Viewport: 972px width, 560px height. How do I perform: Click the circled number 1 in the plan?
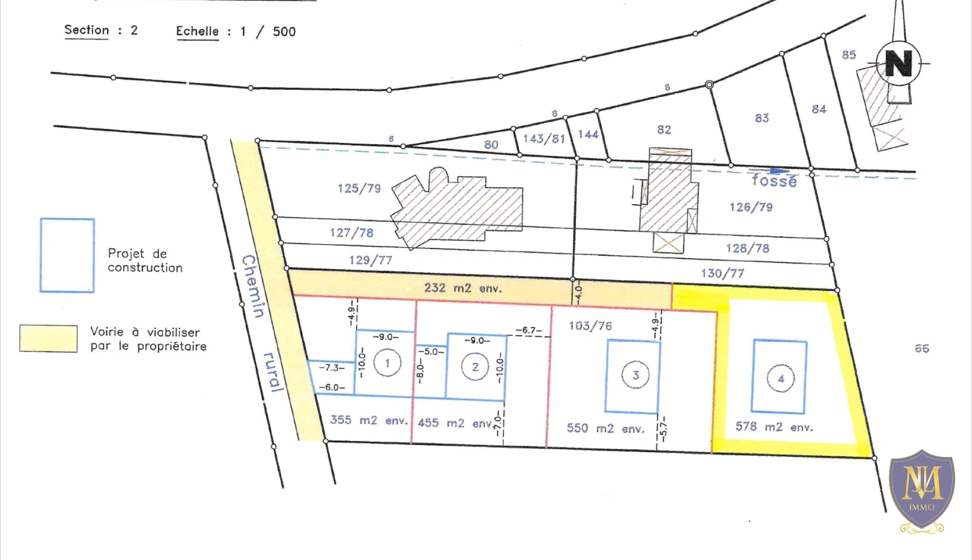387,363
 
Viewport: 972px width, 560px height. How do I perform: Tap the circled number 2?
475,367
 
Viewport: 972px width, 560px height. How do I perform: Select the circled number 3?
636,375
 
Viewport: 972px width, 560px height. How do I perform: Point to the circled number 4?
781,379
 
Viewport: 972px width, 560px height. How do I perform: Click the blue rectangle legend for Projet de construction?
67,255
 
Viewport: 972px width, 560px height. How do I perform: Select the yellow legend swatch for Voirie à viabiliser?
49,339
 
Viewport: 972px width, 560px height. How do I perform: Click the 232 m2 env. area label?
463,288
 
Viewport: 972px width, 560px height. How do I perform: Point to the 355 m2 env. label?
369,420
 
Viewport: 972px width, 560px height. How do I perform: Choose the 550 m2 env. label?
605,428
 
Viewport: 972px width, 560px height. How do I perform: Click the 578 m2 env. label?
774,427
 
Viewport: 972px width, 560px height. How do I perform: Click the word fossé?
774,180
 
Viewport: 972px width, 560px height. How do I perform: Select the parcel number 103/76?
590,326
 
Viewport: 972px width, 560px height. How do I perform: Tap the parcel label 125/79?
359,188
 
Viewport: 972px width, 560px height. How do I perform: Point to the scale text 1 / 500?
268,32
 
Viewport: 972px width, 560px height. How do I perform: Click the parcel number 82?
664,130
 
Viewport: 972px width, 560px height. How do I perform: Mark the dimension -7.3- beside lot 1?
331,368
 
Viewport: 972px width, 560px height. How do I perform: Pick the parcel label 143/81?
544,138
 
